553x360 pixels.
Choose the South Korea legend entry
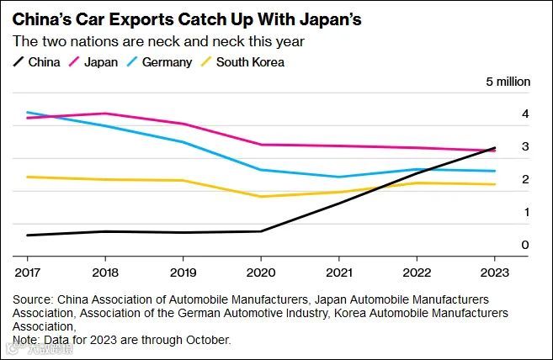click(249, 61)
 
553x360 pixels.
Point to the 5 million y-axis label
click(508, 82)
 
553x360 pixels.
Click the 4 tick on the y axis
click(502, 114)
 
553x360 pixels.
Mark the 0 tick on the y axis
click(502, 245)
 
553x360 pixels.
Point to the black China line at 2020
click(261, 231)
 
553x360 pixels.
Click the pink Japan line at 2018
click(105, 113)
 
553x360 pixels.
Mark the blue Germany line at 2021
click(338, 177)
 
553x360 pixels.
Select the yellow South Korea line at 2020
click(261, 197)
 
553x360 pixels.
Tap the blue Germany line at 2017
click(28, 112)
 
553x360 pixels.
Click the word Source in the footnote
click(32, 299)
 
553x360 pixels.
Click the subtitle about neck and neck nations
click(157, 41)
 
